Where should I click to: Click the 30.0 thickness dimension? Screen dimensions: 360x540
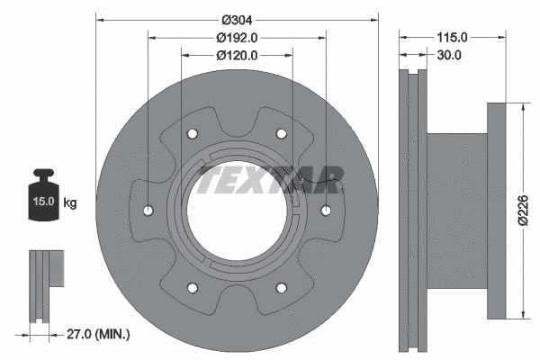pyautogui.click(x=447, y=55)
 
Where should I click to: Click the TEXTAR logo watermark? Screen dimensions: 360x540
pyautogui.click(x=270, y=180)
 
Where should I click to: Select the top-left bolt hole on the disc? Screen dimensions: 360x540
pyautogui.click(x=192, y=134)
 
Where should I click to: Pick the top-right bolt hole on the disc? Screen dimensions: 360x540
pyautogui.click(x=281, y=134)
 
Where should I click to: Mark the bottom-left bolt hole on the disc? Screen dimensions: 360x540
pyautogui.click(x=192, y=288)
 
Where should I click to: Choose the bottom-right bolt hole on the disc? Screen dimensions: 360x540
pyautogui.click(x=281, y=288)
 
